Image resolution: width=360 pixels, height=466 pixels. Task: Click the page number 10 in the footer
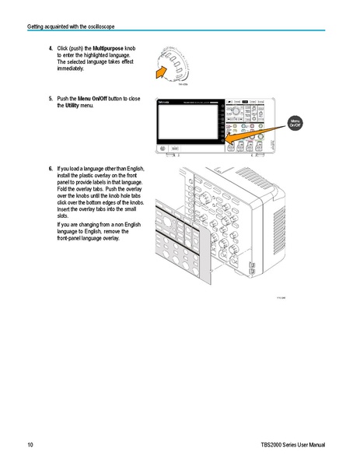[x=30, y=444]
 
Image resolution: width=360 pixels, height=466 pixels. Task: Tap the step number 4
[x=51, y=48]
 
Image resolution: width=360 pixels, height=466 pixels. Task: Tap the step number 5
[x=51, y=99]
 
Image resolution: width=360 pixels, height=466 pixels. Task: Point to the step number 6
[x=51, y=168]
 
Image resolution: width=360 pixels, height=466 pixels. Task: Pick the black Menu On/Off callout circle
[x=295, y=124]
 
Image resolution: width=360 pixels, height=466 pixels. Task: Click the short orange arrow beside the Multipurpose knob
[x=162, y=72]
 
